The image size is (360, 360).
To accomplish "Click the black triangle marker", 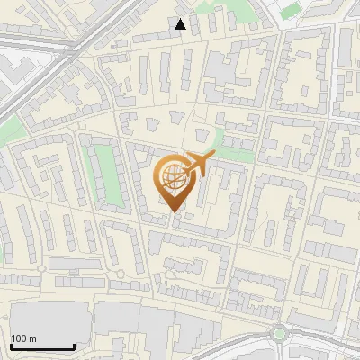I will [181, 24].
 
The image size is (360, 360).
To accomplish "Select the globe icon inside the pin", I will [174, 177].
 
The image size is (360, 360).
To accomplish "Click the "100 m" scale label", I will [24, 338].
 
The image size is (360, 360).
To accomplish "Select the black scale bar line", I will [41, 347].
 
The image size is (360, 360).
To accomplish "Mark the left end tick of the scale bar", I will [10, 346].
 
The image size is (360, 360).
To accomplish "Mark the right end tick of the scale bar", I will [73, 346].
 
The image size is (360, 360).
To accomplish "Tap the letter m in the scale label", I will [33, 339].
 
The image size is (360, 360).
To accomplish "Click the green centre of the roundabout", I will [280, 333].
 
